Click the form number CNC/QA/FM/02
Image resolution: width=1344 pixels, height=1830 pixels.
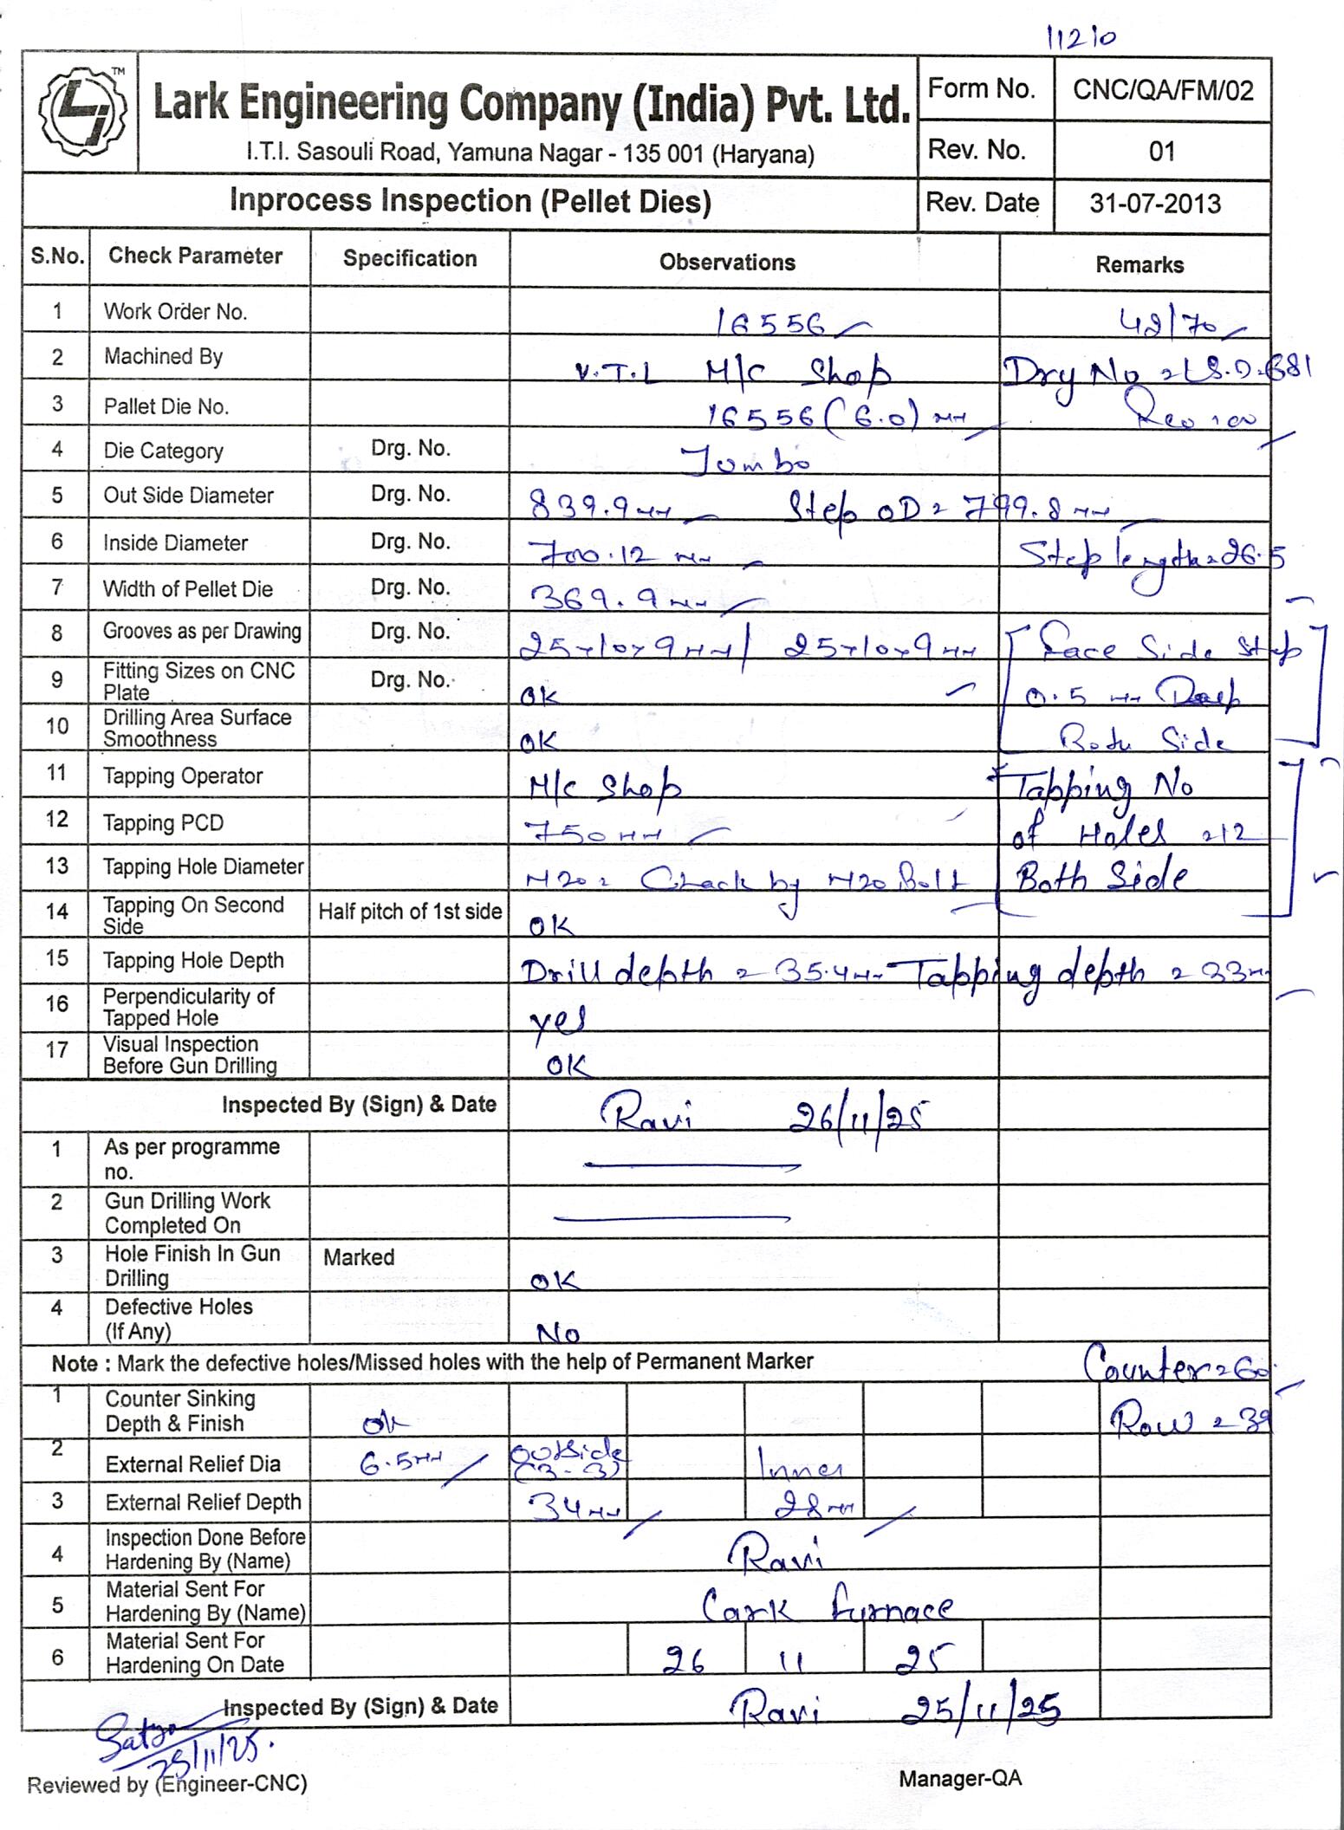click(1162, 91)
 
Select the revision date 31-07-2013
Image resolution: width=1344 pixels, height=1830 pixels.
click(1154, 204)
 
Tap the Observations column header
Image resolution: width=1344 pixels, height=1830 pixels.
click(727, 263)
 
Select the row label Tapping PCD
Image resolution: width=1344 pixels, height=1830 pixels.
click(163, 822)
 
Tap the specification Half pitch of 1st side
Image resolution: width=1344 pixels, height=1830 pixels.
click(410, 912)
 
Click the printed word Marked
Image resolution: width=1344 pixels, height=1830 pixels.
click(359, 1256)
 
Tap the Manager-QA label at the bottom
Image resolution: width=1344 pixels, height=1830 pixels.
click(959, 1779)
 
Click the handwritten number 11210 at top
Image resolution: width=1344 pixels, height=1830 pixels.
click(1081, 37)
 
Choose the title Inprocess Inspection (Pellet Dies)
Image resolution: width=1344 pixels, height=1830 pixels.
click(470, 201)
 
